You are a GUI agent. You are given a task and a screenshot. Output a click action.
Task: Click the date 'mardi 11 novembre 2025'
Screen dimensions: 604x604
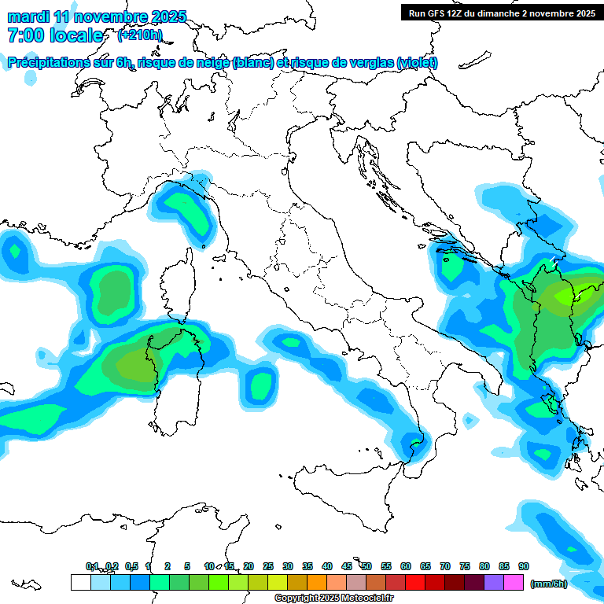pos(97,17)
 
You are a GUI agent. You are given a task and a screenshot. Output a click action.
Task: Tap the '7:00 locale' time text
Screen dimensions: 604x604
pos(55,35)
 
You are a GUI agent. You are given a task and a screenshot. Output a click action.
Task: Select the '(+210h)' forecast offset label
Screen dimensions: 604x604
pos(140,35)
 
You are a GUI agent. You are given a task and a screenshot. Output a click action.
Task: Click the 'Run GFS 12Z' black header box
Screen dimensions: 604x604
pos(502,13)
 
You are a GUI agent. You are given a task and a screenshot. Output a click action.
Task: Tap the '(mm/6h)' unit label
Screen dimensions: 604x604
pos(549,583)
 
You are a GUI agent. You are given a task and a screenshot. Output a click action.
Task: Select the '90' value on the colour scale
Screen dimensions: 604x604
pos(524,566)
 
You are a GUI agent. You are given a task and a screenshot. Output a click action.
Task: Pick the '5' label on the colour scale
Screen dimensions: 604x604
pos(187,566)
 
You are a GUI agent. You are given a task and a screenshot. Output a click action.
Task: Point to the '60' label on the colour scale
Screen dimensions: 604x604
pos(406,566)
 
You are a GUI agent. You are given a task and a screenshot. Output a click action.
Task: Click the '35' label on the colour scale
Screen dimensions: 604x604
pos(308,566)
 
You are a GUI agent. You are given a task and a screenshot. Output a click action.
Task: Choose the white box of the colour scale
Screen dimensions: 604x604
pos(80,582)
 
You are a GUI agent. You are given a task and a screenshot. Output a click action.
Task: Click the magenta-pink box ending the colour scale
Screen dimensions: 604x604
pos(514,582)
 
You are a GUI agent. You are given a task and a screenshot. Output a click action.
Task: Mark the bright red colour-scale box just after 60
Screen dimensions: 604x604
pos(415,582)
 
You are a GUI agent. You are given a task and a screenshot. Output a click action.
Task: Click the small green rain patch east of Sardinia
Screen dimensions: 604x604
pos(260,384)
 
